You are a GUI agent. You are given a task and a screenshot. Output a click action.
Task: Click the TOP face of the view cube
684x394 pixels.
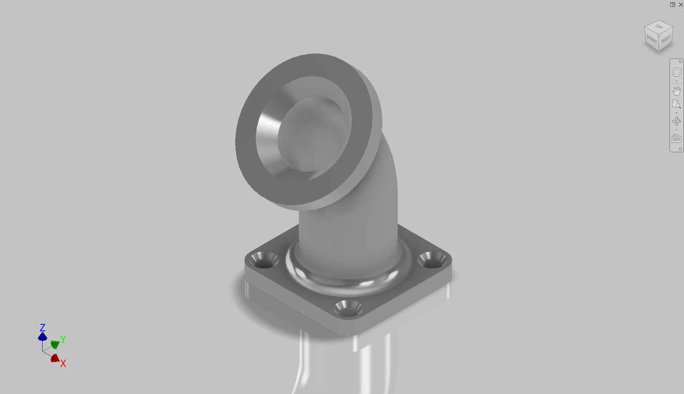click(659, 27)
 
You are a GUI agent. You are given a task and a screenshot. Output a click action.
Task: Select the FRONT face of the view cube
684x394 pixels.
click(651, 39)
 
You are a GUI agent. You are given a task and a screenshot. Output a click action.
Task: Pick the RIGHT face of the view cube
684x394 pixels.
click(666, 39)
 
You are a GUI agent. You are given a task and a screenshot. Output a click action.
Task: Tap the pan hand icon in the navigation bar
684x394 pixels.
click(677, 91)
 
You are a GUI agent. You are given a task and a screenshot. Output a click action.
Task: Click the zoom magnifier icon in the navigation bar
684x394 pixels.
click(677, 104)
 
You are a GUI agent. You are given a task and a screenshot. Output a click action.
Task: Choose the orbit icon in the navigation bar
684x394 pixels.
click(677, 121)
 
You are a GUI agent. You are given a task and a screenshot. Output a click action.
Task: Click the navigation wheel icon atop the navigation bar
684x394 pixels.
click(677, 72)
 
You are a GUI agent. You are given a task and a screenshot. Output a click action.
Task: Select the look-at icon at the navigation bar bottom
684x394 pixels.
click(676, 139)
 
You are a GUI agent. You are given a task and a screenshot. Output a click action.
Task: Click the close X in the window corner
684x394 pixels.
click(681, 4)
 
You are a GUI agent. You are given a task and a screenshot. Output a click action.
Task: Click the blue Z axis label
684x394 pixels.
click(43, 328)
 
